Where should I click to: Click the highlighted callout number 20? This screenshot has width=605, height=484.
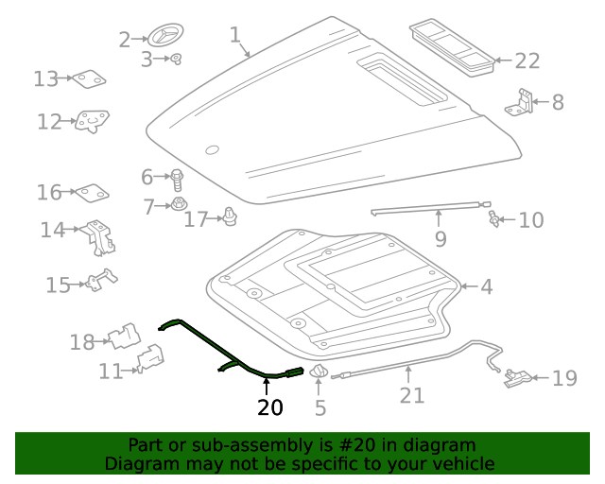coord(269,407)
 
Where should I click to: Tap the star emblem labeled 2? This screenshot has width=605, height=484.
coord(163,38)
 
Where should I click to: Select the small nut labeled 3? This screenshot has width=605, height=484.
coord(176,60)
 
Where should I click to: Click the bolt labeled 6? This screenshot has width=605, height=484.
coord(177,177)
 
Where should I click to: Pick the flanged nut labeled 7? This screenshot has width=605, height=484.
coord(178,204)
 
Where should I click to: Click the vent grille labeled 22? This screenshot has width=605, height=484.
coord(453,46)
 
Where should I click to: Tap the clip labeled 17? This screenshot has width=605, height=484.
coord(229,218)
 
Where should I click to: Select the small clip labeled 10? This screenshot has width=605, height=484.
coord(493,220)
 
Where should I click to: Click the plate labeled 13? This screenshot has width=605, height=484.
coord(91,79)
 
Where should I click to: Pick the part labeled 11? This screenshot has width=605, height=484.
coord(149,360)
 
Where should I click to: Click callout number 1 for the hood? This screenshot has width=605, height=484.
coord(235,36)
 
